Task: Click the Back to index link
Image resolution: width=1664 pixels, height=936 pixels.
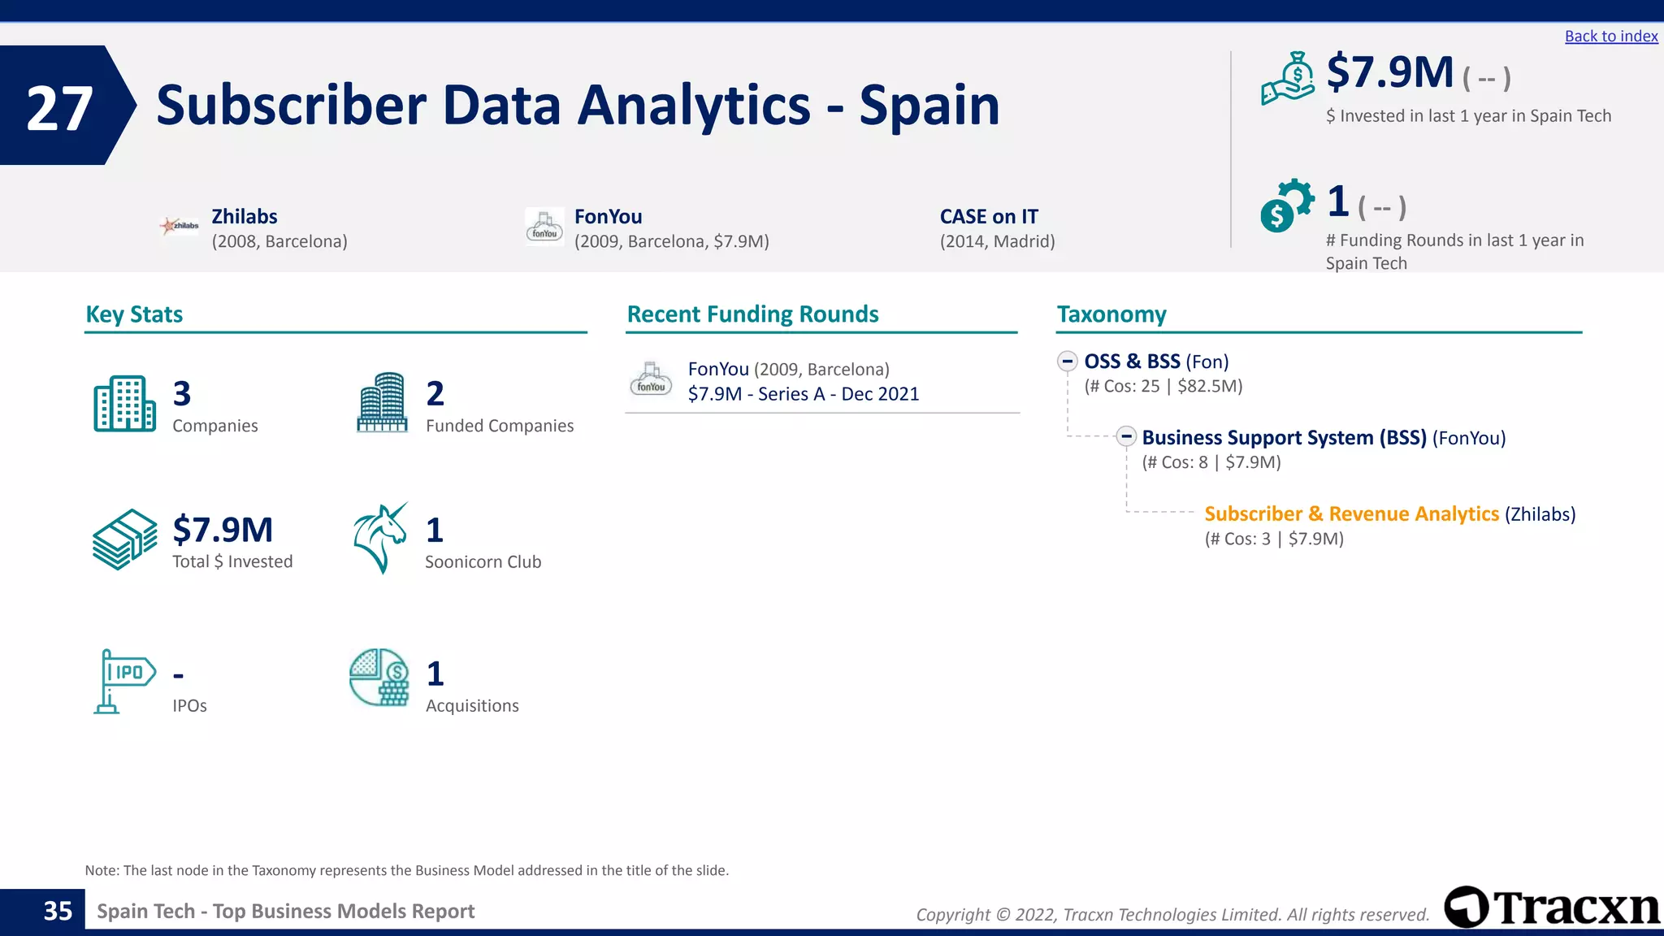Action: click(x=1610, y=37)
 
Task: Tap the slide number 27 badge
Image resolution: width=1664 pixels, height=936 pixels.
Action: click(x=60, y=107)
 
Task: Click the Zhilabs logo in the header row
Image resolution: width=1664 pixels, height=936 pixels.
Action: click(x=180, y=226)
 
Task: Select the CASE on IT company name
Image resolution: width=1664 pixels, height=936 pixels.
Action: click(x=989, y=217)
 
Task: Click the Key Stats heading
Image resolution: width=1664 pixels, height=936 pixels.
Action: click(x=134, y=314)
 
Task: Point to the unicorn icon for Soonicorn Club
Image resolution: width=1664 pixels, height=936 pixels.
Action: click(x=380, y=538)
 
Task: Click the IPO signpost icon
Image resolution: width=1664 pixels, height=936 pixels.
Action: click(x=123, y=681)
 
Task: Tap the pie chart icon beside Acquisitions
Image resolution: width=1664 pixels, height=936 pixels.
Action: click(x=379, y=678)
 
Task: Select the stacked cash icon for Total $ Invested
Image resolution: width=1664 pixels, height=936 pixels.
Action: click(x=124, y=539)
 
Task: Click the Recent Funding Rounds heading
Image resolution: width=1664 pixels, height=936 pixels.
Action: click(x=752, y=314)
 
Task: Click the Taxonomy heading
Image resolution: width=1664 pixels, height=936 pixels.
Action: click(x=1111, y=314)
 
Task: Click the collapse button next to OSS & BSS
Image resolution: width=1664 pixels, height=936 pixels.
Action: click(x=1068, y=362)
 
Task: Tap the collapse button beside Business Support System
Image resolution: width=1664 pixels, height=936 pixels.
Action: click(x=1126, y=437)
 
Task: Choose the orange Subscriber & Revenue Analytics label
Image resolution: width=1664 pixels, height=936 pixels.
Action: click(x=1351, y=514)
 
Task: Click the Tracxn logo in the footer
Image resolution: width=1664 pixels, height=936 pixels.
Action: click(x=1552, y=907)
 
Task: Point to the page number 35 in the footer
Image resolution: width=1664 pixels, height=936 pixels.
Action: click(x=58, y=911)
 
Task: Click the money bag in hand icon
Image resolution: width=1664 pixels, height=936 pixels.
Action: click(x=1288, y=79)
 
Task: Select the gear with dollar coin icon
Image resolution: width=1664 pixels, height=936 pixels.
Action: click(x=1286, y=206)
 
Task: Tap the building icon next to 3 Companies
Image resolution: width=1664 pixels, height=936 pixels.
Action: click(x=124, y=404)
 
